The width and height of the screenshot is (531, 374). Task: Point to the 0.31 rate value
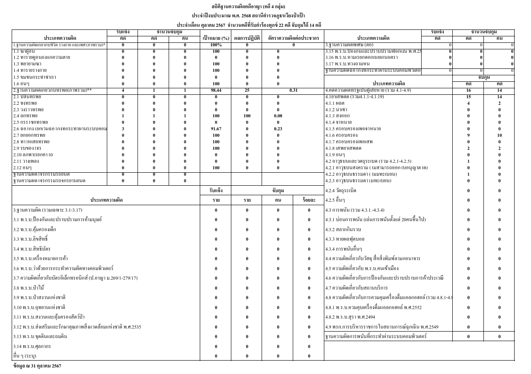point(293,90)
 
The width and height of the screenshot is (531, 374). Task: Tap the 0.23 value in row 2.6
point(278,129)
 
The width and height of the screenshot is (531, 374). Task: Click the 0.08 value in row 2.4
point(278,116)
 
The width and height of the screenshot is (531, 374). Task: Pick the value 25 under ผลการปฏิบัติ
point(247,90)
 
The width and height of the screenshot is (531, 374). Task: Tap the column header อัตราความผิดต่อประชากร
point(293,38)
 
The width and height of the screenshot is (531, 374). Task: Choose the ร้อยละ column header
point(309,200)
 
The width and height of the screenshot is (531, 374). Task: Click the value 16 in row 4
point(468,90)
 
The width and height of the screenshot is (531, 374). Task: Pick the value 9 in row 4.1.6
point(468,135)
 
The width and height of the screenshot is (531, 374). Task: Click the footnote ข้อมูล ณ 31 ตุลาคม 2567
point(37,366)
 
